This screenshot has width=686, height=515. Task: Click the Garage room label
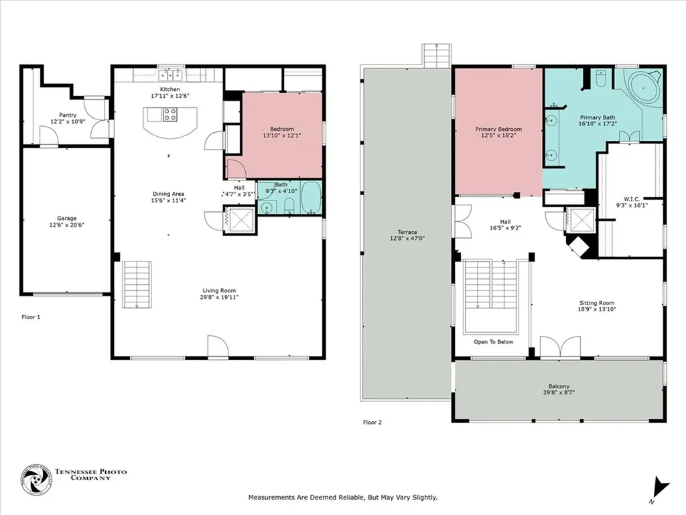[x=66, y=218]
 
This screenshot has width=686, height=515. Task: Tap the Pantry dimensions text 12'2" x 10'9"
[x=68, y=122]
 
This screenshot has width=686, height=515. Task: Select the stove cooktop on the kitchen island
[x=170, y=115]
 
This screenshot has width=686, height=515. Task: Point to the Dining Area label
[x=168, y=194]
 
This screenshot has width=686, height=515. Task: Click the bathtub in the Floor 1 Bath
[x=311, y=198]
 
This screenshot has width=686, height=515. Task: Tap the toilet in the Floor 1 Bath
[x=289, y=205]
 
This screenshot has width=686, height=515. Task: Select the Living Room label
[x=219, y=290]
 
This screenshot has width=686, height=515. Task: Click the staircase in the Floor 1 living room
[x=137, y=284]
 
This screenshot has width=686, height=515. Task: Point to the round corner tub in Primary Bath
[x=644, y=88]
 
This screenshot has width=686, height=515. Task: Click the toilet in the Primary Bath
[x=601, y=78]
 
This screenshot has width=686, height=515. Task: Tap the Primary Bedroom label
[x=498, y=129]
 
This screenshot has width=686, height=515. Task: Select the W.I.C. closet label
[x=632, y=198]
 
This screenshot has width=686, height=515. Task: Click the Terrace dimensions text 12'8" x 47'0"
[x=407, y=239]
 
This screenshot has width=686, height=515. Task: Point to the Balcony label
[x=559, y=386]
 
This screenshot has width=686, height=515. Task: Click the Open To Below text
[x=494, y=342]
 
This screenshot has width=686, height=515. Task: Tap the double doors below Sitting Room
[x=561, y=347]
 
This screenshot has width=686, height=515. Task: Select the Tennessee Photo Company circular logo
[x=36, y=480]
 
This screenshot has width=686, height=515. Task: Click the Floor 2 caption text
[x=372, y=422]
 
